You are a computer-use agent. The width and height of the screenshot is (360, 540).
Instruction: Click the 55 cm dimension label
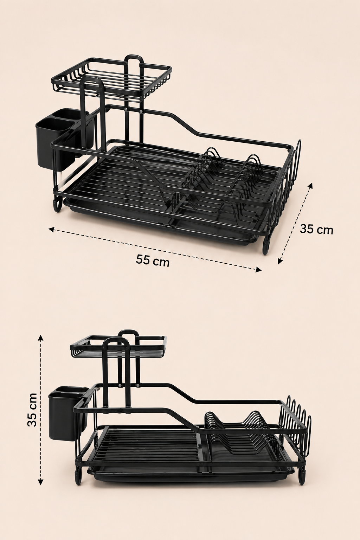click(152, 261)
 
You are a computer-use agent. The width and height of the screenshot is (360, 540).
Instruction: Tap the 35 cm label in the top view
click(316, 229)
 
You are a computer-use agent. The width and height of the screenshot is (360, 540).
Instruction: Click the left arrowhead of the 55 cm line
click(51, 229)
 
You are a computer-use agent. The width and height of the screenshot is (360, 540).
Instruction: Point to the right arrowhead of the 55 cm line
click(259, 270)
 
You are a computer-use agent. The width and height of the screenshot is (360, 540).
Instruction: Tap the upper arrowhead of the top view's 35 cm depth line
click(310, 186)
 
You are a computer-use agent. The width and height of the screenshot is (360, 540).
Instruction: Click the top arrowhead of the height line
click(41, 337)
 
